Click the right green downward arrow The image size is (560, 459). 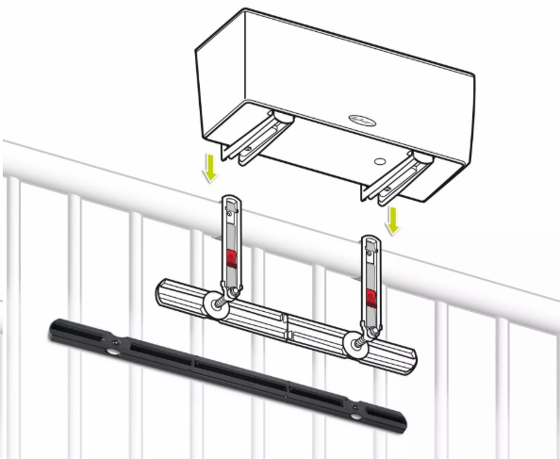point(393,220)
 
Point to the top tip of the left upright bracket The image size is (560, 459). point(229,200)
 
